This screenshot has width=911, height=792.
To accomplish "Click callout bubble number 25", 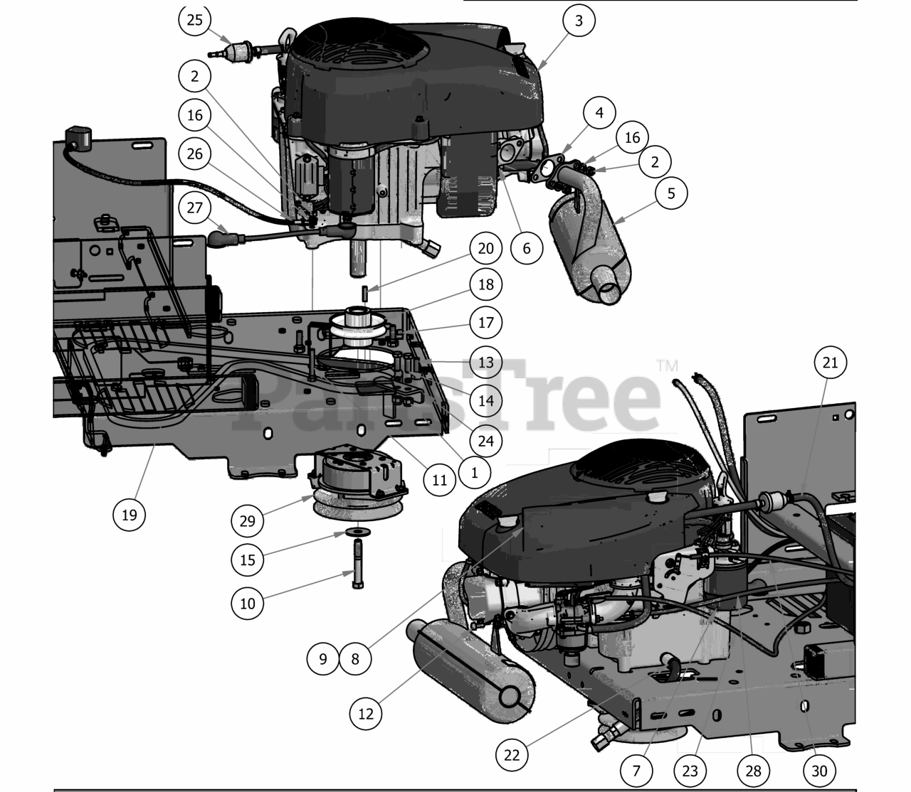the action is (194, 20).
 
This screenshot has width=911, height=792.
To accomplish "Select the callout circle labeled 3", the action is (579, 21).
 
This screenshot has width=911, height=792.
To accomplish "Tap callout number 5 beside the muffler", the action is (671, 193).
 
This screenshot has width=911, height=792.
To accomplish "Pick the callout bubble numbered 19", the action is (129, 515).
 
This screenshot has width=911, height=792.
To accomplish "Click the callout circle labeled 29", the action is (248, 520).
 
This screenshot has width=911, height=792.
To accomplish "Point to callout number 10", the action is (248, 604).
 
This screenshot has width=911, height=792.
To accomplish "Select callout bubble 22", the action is (512, 755).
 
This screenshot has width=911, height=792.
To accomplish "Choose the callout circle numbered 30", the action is (819, 771).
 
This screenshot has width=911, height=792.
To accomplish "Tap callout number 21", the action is (831, 363).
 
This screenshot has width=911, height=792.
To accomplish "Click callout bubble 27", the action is (194, 208).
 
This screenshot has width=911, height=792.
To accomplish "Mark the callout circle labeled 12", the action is (366, 714).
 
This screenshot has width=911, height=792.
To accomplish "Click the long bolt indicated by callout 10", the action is (358, 564).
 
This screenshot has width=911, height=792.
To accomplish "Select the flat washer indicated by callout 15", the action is (358, 531).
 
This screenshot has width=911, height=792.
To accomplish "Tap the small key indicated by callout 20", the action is (364, 294).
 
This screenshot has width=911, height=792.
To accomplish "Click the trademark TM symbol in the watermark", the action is (668, 366).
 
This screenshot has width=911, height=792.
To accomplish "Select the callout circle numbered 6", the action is (527, 248).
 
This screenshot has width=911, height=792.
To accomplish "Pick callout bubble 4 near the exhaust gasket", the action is (599, 113).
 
